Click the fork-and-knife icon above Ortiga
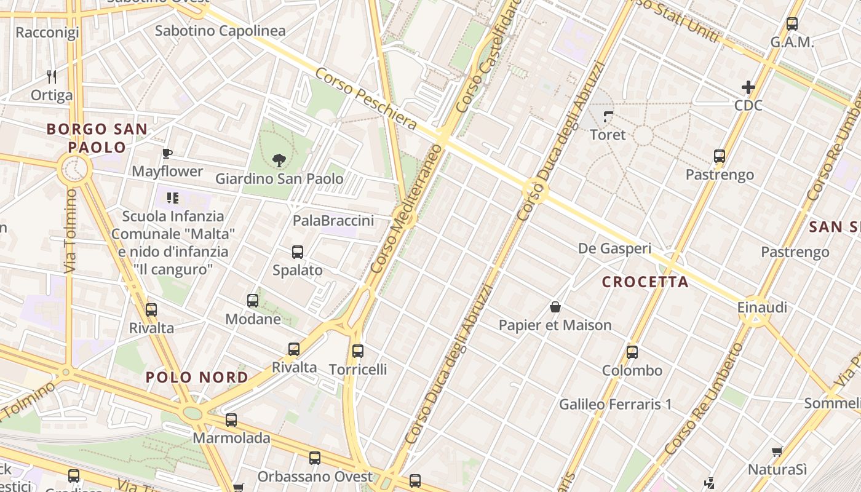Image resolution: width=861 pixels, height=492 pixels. (x=52, y=77)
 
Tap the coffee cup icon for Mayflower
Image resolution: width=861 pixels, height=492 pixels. (x=167, y=153)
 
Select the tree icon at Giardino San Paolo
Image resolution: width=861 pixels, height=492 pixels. (x=279, y=161)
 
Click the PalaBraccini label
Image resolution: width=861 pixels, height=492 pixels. (x=333, y=220)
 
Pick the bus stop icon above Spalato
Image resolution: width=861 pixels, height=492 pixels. (x=298, y=252)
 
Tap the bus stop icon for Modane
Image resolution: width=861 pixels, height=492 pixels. (x=253, y=301)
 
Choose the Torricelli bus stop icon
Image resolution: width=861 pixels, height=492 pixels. (x=358, y=351)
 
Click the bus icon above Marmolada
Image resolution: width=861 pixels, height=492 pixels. (x=231, y=420)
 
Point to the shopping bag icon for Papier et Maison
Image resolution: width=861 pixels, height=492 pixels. (x=555, y=307)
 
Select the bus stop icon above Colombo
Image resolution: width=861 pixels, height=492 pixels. (x=632, y=352)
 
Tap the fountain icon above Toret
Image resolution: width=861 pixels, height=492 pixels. (x=608, y=116)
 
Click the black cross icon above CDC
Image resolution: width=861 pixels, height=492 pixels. (x=748, y=87)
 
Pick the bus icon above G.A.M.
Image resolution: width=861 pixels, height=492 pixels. (x=792, y=24)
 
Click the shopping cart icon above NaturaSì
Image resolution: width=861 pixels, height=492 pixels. (x=777, y=451)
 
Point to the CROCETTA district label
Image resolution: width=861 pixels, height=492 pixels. (x=645, y=282)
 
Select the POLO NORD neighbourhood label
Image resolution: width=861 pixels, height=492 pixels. (x=197, y=378)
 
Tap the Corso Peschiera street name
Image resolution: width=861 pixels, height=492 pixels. (x=366, y=99)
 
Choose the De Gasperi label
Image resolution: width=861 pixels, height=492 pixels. (x=614, y=248)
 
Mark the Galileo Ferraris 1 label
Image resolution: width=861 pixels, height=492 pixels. (x=615, y=404)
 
